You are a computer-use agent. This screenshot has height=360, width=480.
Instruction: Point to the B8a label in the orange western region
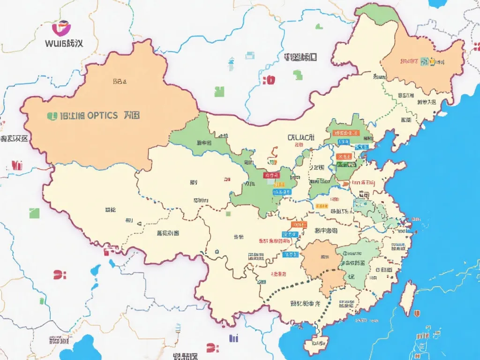click(x=120, y=81)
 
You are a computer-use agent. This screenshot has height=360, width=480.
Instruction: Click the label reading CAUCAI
click(x=300, y=137)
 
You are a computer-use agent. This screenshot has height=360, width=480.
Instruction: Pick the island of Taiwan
click(x=408, y=298)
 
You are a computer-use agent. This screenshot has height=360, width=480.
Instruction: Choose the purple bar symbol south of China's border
click(x=233, y=338)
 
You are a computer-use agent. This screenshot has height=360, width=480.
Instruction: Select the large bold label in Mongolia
click(x=300, y=58)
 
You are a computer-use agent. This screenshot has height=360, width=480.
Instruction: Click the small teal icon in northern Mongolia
click(x=231, y=61)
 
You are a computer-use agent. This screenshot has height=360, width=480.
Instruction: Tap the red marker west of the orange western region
click(x=17, y=165)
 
